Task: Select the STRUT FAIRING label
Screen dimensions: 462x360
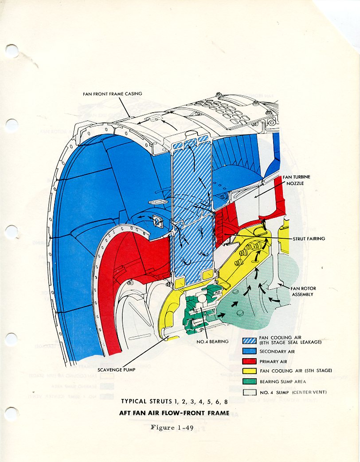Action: pyautogui.click(x=309, y=239)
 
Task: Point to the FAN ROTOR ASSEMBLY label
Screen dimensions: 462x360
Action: pyautogui.click(x=303, y=291)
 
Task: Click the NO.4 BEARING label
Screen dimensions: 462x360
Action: pyautogui.click(x=212, y=341)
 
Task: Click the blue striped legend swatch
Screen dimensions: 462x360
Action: pyautogui.click(x=250, y=341)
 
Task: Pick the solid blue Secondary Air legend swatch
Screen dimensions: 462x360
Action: pyautogui.click(x=250, y=351)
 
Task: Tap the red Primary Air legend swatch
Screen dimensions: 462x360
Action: pyautogui.click(x=250, y=361)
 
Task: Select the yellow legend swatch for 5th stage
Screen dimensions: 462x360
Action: pyautogui.click(x=250, y=371)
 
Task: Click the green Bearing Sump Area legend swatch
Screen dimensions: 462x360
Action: pyautogui.click(x=250, y=381)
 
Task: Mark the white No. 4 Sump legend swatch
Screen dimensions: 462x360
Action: pyautogui.click(x=250, y=392)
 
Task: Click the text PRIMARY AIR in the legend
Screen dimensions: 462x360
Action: pyautogui.click(x=274, y=362)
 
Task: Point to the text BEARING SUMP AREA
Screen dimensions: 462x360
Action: pyautogui.click(x=282, y=382)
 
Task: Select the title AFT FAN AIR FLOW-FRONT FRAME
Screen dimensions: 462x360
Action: pyautogui.click(x=174, y=412)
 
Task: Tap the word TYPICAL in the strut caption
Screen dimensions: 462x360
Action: pyautogui.click(x=133, y=402)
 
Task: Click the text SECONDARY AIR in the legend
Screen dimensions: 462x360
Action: pyautogui.click(x=277, y=351)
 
